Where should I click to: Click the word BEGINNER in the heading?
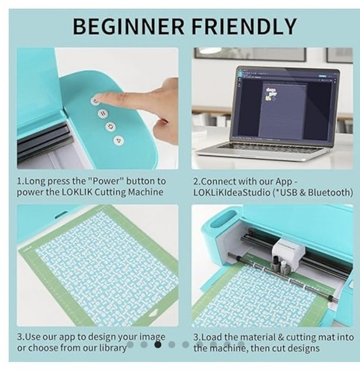point(129,26)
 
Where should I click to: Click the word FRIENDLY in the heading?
point(244,26)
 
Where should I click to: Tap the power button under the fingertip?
point(95,101)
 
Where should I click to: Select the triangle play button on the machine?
point(119,140)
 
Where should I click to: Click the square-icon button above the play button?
point(111,127)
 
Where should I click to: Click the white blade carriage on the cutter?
point(288,252)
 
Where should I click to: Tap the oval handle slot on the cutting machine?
point(222,219)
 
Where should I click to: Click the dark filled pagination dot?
point(157,345)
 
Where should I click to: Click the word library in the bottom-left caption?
point(113,348)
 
